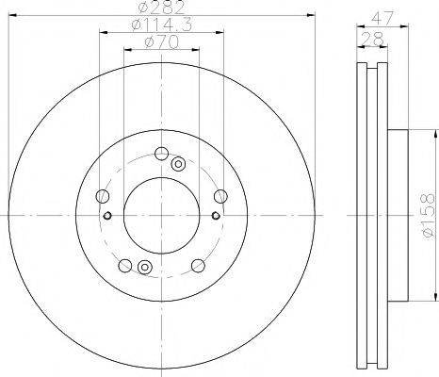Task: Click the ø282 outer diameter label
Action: tap(161, 8)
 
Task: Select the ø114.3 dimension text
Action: tap(161, 25)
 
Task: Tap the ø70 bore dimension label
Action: tap(161, 42)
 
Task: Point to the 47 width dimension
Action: tap(382, 19)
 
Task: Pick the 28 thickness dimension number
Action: tap(373, 40)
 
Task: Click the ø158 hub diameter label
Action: tap(429, 216)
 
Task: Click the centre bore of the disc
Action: tap(161, 216)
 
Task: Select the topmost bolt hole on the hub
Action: tap(161, 154)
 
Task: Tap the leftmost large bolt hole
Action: tap(103, 196)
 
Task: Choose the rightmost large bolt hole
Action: tap(220, 196)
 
